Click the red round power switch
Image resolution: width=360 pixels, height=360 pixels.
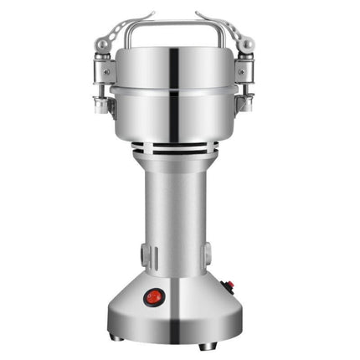[x=154, y=296]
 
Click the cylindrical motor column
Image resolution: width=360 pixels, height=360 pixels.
[x=180, y=218]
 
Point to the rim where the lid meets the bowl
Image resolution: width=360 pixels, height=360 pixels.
[x=180, y=86]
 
